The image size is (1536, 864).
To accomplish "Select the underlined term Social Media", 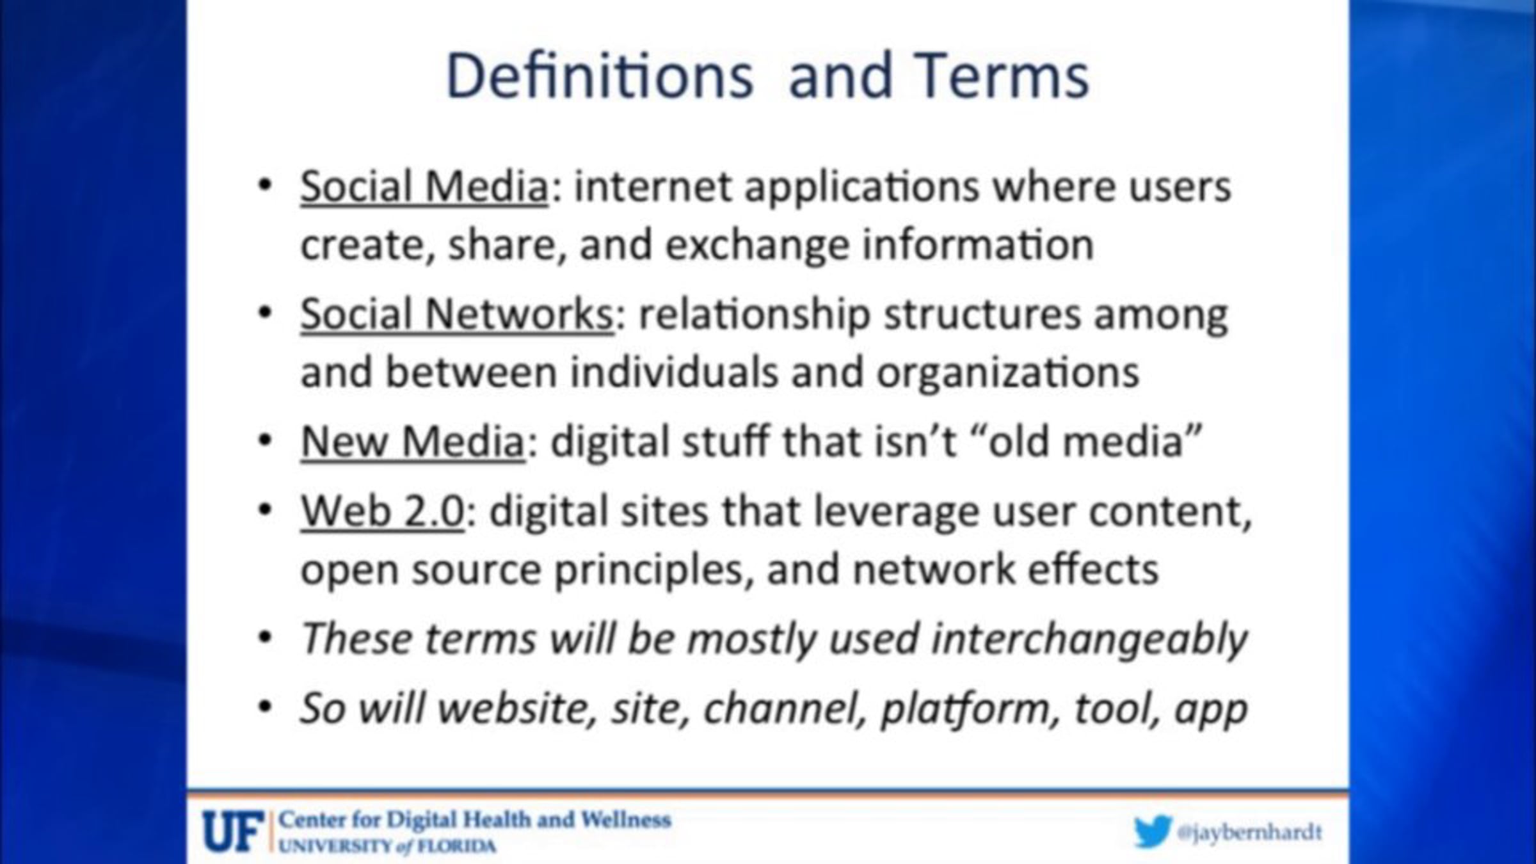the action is pos(424,187).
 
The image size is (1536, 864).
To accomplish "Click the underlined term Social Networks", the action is pos(457,314).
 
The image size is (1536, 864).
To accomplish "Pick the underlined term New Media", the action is pos(413,442).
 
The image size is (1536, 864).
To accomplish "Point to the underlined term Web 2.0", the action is pos(382,511).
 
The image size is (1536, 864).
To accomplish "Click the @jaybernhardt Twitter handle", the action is pos(1249,832).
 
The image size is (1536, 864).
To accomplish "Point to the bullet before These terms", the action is pos(265,639).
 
